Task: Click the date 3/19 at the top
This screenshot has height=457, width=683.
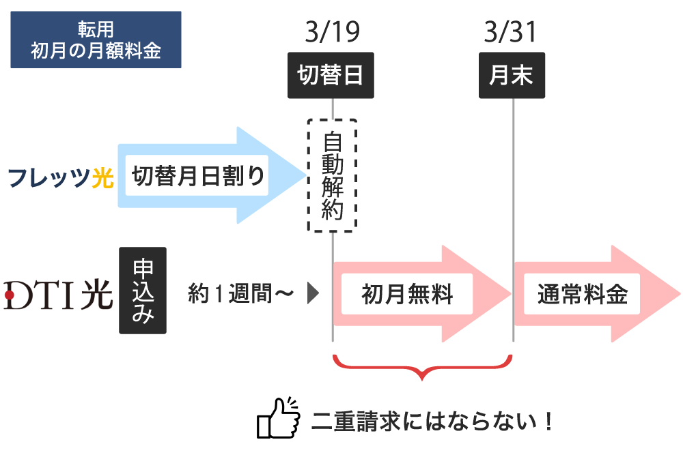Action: tap(333, 32)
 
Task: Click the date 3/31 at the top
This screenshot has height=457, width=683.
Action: tap(510, 32)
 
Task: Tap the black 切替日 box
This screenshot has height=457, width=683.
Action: tap(331, 75)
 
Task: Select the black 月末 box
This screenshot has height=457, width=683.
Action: tap(512, 75)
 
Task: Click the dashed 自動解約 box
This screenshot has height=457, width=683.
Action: tap(333, 175)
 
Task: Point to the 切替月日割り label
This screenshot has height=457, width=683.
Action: tap(197, 176)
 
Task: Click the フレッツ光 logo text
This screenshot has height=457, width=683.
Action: tap(61, 177)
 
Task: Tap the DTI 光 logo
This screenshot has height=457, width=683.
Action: tap(58, 295)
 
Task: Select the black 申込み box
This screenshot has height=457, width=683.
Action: tap(143, 291)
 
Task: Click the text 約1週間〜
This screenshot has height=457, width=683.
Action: tap(241, 293)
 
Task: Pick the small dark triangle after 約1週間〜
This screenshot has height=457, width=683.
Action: tap(313, 293)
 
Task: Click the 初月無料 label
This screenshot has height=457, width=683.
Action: tap(407, 294)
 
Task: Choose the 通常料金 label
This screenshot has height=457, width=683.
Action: tap(582, 294)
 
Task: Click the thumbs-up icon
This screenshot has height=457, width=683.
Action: tap(279, 418)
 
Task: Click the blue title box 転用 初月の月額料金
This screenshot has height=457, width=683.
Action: tap(96, 40)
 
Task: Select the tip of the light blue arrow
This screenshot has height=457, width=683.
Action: tap(307, 175)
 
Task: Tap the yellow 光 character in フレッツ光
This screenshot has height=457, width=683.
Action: tap(103, 177)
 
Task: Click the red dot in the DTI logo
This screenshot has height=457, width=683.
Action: tap(9, 295)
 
